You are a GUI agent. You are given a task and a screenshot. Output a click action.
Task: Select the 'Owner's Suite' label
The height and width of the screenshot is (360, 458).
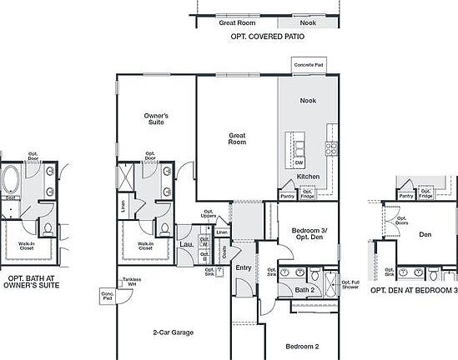click(156, 118)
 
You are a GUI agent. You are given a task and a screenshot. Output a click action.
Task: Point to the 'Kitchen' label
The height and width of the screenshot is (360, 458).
click(309, 177)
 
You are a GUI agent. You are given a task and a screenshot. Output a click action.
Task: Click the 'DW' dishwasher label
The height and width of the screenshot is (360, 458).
click(298, 162)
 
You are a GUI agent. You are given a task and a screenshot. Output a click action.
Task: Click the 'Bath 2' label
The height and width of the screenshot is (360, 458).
click(304, 290)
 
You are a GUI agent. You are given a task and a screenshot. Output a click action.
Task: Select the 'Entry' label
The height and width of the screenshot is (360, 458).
click(244, 267)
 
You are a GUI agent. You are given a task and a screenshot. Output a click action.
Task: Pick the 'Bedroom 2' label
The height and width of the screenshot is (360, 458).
click(303, 345)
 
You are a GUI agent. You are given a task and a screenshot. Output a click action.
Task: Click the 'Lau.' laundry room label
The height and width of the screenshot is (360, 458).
click(186, 244)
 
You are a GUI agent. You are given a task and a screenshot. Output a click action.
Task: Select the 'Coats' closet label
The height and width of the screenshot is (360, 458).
click(226, 250)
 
